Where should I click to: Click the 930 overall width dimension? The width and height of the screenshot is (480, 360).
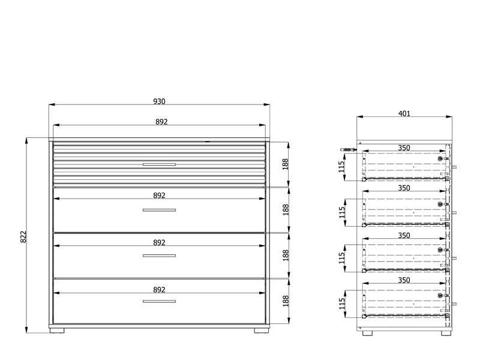(x=159, y=101)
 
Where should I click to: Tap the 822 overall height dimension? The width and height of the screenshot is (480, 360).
(x=23, y=236)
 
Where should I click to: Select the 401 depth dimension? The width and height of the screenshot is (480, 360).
(x=404, y=113)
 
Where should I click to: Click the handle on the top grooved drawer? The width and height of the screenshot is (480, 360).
(x=159, y=164)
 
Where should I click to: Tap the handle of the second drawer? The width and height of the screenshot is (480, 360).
(x=159, y=210)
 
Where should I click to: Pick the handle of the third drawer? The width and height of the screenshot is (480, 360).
(x=159, y=256)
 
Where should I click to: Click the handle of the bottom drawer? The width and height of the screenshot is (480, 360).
(x=159, y=301)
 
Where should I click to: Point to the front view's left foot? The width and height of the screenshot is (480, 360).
(x=57, y=331)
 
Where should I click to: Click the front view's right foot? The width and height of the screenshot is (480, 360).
(x=261, y=331)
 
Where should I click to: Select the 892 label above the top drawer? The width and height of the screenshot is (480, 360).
(x=161, y=122)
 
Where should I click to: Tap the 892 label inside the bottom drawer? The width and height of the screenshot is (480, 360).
(x=159, y=290)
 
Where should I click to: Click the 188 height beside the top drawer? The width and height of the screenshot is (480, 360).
(x=286, y=164)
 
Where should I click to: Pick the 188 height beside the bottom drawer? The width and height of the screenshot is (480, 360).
(x=286, y=301)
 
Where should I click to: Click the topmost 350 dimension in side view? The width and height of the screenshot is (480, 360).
(x=404, y=148)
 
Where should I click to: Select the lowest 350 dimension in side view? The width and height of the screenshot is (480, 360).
(x=404, y=280)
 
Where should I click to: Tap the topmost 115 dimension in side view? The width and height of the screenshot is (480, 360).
(x=341, y=167)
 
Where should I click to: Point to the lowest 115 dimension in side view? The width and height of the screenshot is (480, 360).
(x=341, y=304)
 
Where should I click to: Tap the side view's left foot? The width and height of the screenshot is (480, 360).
(x=367, y=333)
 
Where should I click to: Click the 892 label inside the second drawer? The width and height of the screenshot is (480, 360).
(x=159, y=196)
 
